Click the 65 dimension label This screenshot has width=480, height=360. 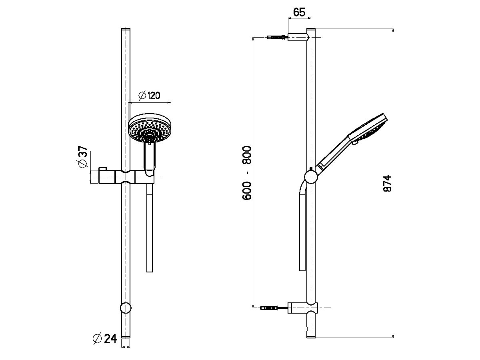coord(299,12)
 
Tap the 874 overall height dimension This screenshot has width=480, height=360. coord(387,184)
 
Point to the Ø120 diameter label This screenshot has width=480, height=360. coord(149,96)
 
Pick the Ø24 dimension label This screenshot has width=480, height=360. coord(104,339)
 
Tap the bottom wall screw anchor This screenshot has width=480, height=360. coord(271,308)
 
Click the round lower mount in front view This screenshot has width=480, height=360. coord(126,308)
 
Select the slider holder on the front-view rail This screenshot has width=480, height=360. coord(126,176)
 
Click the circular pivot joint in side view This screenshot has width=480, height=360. coord(311,176)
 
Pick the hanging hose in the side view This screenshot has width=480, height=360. coord(302,232)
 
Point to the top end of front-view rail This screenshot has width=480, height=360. coord(126,30)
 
